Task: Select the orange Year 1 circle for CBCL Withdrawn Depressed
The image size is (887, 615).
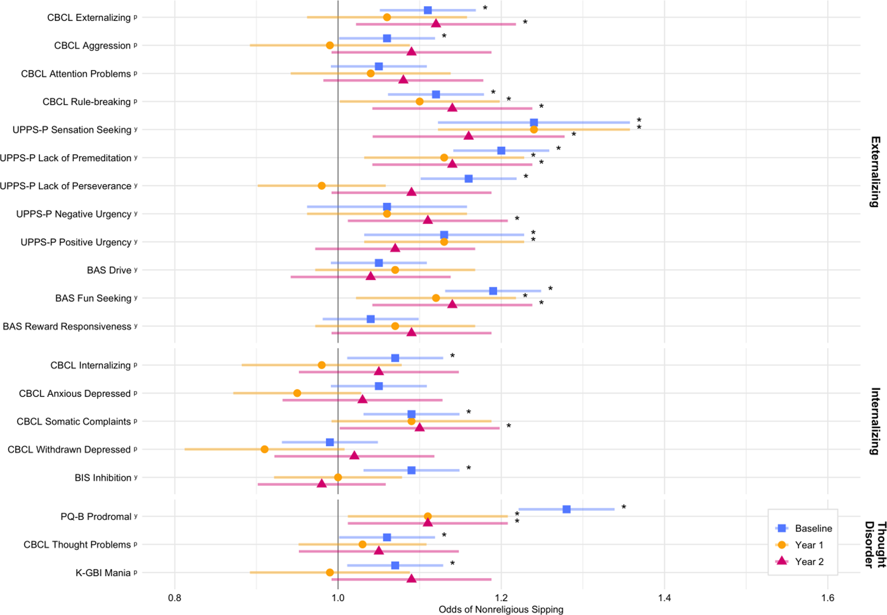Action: pyautogui.click(x=265, y=449)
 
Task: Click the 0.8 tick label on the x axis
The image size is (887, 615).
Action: pyautogui.click(x=175, y=598)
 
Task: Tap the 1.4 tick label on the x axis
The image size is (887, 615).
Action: pyautogui.click(x=664, y=598)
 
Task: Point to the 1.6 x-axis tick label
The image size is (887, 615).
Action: pyautogui.click(x=828, y=598)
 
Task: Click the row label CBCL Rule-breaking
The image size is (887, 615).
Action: pyautogui.click(x=87, y=102)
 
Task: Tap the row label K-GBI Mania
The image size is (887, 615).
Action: pyautogui.click(x=103, y=573)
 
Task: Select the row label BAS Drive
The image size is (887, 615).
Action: pyautogui.click(x=109, y=270)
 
